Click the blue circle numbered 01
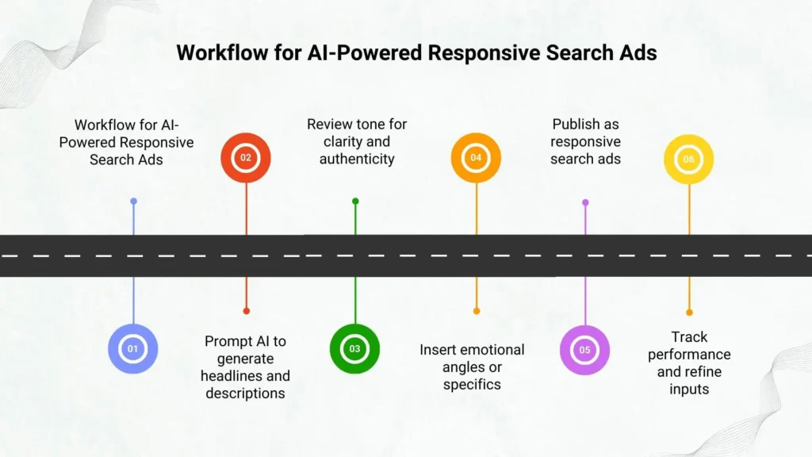[133, 348]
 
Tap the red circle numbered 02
[246, 158]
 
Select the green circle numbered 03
[354, 348]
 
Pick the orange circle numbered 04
[476, 158]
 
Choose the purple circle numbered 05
[585, 349]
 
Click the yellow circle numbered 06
[688, 159]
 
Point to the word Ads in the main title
[639, 53]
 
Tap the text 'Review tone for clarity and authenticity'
[357, 141]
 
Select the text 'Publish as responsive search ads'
[585, 141]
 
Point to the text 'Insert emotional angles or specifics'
[472, 367]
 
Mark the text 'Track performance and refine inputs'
[689, 363]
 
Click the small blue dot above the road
[133, 202]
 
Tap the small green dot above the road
[355, 202]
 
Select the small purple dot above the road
[585, 202]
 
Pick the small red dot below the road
[246, 310]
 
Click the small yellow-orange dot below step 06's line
[689, 313]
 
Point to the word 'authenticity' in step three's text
[357, 159]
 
